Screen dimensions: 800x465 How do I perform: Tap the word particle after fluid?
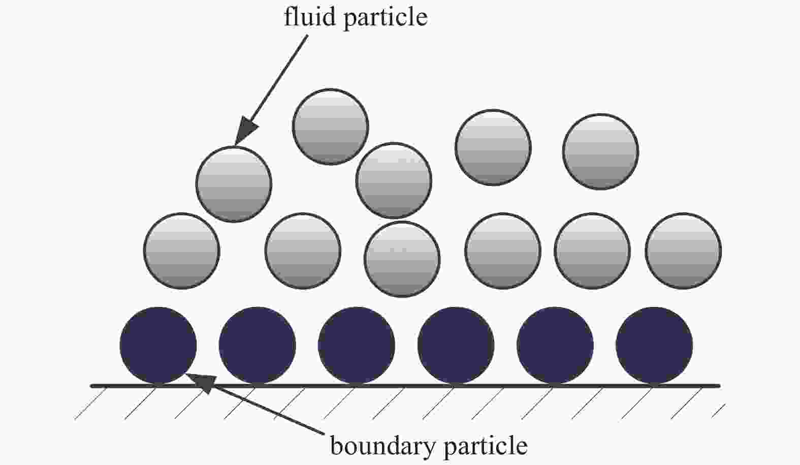click(386, 18)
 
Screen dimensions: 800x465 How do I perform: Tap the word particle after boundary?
click(486, 447)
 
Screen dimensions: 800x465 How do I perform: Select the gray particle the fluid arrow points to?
click(234, 184)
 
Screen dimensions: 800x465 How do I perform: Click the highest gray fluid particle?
click(330, 127)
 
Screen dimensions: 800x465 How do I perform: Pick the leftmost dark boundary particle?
click(158, 345)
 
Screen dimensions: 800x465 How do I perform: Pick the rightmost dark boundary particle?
click(654, 345)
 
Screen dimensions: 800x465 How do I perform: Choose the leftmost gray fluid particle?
click(182, 251)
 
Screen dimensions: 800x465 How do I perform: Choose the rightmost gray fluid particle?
click(683, 251)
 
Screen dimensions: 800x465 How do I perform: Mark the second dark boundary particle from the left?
click(257, 345)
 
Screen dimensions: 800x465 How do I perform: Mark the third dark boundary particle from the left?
click(357, 345)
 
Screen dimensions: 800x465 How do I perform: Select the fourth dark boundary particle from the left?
click(456, 345)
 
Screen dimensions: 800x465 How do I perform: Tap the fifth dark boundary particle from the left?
click(555, 345)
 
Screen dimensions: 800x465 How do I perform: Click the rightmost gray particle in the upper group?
click(601, 151)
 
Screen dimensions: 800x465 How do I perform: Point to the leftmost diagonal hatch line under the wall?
click(91, 403)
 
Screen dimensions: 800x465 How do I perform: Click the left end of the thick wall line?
click(91, 386)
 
